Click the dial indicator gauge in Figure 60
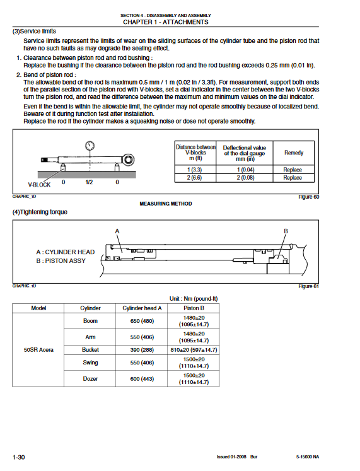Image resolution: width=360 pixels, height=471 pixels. point(90,146)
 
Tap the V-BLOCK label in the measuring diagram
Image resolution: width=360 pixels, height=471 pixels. point(39,185)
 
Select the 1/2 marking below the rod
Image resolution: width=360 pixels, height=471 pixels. point(89,182)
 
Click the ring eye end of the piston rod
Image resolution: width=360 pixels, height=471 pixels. point(129,160)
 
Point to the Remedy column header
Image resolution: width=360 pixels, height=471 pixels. point(294,153)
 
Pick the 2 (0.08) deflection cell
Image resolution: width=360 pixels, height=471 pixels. point(245,178)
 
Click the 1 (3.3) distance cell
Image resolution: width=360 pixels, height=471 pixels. point(195,170)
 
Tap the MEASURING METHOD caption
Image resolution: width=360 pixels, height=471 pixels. point(166,204)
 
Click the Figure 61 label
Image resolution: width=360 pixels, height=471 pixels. point(308,286)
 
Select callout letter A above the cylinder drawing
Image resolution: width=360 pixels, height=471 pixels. point(117,231)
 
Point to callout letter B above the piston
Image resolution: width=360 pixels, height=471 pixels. point(286,231)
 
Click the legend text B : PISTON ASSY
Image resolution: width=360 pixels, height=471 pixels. point(61,261)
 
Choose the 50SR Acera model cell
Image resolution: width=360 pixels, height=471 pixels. point(38,350)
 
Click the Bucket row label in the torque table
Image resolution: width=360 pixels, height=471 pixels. point(90,350)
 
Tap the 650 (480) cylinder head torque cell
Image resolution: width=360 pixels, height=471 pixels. point(142,321)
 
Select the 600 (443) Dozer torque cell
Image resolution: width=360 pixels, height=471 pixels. point(142,379)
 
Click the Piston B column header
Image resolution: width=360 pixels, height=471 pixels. point(194,308)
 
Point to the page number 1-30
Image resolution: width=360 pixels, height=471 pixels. point(19,457)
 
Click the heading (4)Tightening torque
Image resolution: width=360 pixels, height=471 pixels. point(40,212)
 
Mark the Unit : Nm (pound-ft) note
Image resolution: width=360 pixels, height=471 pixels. point(194,299)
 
